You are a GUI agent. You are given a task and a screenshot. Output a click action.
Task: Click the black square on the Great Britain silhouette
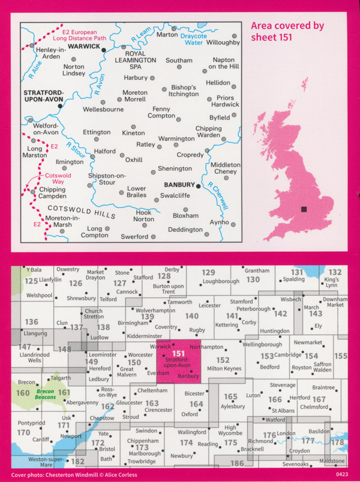(x=304, y=209)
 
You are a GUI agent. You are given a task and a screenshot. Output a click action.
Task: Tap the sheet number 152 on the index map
(x=223, y=360)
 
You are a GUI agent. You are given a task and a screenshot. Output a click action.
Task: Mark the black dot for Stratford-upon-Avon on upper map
(x=60, y=106)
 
